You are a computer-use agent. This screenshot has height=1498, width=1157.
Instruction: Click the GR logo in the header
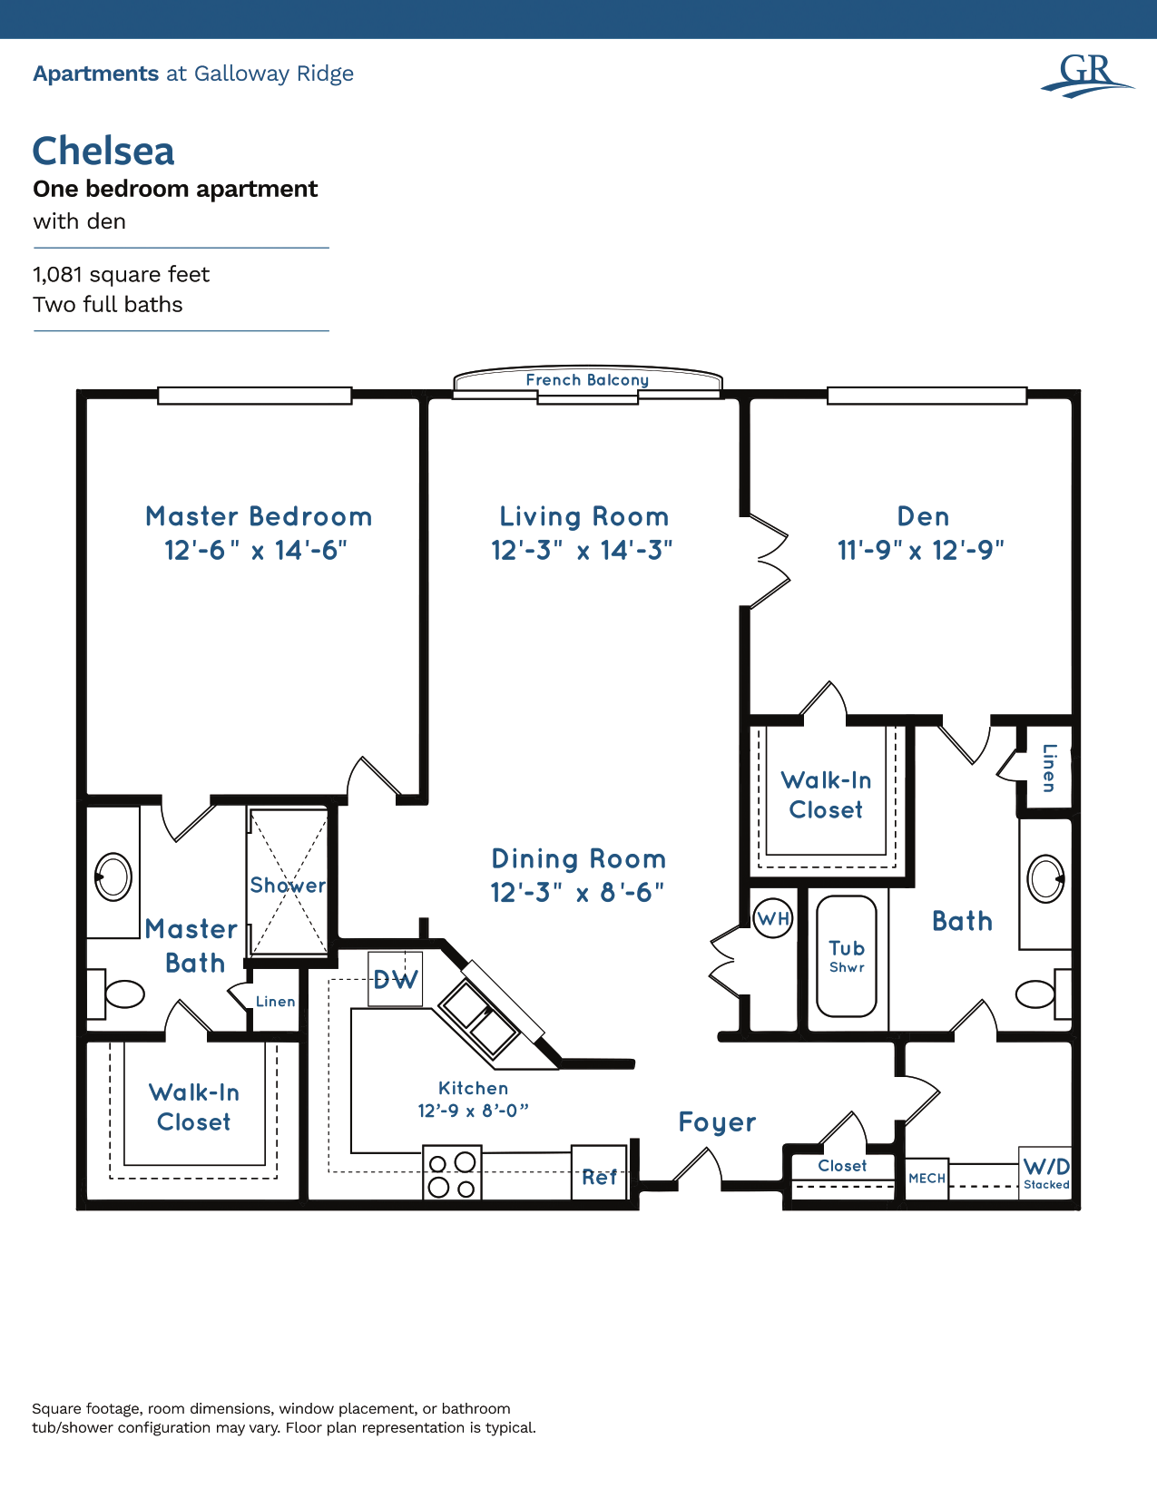point(1086,74)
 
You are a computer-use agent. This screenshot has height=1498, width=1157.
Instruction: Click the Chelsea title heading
point(103,152)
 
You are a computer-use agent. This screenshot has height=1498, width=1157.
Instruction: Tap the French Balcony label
point(587,380)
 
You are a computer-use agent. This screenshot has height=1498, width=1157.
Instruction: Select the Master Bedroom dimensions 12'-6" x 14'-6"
point(256,551)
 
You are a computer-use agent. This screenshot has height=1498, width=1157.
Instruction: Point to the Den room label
point(923,516)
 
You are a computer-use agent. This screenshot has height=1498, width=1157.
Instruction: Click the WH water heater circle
point(773,919)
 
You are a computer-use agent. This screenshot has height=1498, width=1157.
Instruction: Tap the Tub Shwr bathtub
point(847,956)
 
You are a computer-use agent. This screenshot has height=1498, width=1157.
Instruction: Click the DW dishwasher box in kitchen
point(396,979)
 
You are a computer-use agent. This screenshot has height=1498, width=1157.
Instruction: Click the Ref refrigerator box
point(599,1176)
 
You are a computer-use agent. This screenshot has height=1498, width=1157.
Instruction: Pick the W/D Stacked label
point(1046,1172)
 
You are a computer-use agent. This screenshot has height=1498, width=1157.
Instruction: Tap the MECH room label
point(927,1179)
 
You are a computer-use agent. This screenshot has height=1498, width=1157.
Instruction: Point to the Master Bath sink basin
point(113,877)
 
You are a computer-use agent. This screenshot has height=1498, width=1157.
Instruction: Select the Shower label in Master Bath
point(288,885)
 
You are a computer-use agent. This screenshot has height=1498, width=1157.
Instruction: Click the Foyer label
point(717,1122)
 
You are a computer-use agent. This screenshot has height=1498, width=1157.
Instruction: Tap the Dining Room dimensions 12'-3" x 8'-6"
point(577,893)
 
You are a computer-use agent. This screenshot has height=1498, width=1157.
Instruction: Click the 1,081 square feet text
point(121,274)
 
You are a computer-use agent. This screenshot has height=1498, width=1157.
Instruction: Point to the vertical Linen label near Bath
point(1049,768)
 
